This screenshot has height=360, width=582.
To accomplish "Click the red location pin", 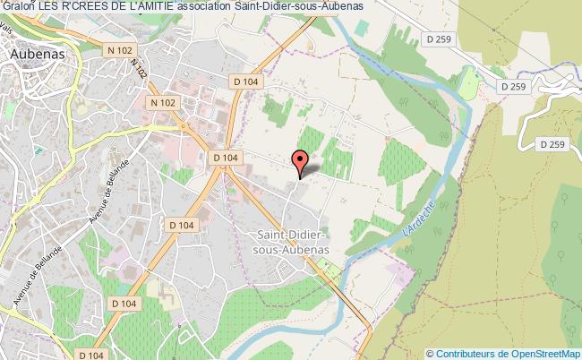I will pos(300,163).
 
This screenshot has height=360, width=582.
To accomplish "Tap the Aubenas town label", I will pos(42,54).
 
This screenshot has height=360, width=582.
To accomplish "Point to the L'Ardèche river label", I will pos(413,218).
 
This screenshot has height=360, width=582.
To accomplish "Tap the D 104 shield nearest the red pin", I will pos(225,157).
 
